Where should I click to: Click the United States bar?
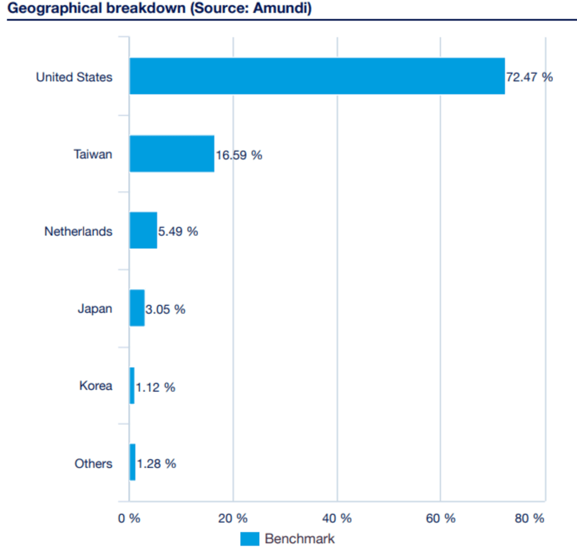317,76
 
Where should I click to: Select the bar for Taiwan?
172,154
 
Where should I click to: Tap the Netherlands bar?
143,231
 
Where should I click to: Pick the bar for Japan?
137,308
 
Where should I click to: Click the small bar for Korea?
132,386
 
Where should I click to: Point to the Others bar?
132,463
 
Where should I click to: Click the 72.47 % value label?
529,77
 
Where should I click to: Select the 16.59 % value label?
239,155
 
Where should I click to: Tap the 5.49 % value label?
178,232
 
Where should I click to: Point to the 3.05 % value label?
165,309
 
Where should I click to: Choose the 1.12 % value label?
155,387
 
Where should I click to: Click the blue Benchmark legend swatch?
250,539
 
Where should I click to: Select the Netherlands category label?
78,231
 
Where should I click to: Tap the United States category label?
74,77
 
